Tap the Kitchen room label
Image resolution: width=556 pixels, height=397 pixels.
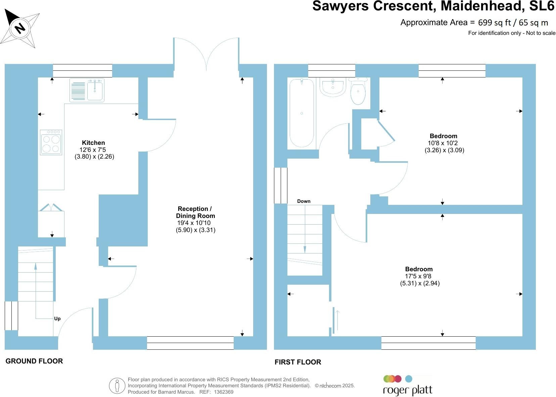(x=93, y=143)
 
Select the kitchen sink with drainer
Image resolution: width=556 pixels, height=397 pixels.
(x=87, y=90)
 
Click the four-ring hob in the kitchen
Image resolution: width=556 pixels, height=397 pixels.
(x=51, y=142)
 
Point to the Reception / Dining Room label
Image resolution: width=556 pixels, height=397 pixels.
(x=195, y=212)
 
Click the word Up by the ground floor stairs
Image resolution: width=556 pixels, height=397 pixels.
(x=57, y=319)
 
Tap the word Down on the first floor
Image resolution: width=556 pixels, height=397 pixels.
(x=304, y=201)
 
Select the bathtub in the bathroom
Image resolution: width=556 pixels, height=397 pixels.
(x=302, y=113)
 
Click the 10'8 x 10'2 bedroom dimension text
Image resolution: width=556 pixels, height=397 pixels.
(x=441, y=143)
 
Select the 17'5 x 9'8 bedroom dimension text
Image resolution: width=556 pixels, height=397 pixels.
(x=418, y=276)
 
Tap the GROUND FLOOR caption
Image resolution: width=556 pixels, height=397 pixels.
(x=34, y=361)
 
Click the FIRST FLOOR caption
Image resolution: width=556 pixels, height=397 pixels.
(x=298, y=362)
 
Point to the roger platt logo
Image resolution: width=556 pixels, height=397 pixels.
(x=407, y=386)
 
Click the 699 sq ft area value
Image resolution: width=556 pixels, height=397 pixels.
(x=494, y=22)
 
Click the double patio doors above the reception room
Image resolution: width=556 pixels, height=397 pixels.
(x=206, y=54)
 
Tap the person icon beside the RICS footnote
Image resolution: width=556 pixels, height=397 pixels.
(x=117, y=386)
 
